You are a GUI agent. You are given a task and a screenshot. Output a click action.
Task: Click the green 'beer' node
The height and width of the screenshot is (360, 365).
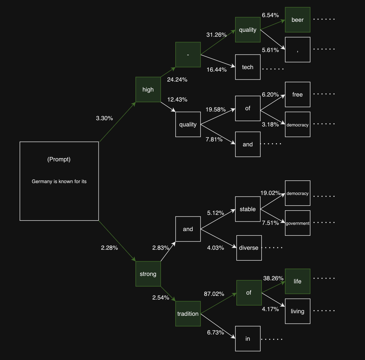pos(297,20)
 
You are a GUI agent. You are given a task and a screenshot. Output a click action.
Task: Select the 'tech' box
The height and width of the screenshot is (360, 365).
pos(248,67)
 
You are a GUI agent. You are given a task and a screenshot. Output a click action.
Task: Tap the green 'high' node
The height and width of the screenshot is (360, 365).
pos(148,90)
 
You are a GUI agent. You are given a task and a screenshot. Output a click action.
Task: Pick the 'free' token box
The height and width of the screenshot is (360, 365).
pos(297,94)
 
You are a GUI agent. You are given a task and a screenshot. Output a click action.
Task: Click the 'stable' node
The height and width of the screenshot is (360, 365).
pos(248,209)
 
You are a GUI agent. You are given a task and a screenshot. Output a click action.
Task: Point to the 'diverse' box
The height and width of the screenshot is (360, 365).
pos(249,248)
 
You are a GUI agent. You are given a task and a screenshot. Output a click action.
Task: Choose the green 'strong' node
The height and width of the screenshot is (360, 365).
pos(148,274)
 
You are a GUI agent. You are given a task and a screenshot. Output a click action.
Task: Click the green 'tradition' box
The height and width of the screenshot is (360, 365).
pos(188,314)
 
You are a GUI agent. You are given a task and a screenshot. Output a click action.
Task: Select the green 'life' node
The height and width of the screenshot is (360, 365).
pos(297,281)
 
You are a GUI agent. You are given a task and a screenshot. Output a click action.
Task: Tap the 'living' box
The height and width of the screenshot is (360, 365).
pos(297,311)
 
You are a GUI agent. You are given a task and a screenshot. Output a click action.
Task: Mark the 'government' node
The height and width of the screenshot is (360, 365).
pos(297,223)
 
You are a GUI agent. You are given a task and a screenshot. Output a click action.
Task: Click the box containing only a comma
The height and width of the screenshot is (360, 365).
pos(297,50)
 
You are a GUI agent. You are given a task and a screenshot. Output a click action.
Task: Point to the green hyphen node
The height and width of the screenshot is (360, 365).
pos(188,55)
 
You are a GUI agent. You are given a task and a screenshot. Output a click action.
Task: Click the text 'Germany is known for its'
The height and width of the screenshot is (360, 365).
pos(59,181)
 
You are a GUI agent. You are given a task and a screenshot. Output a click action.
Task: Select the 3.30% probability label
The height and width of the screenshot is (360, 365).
pos(104,118)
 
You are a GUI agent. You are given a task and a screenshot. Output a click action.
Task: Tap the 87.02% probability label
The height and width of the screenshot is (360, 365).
pos(214,294)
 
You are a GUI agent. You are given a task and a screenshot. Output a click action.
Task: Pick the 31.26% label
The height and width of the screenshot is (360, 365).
pos(216,35)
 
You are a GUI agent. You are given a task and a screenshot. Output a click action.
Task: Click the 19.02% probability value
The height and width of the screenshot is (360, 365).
pos(270,193)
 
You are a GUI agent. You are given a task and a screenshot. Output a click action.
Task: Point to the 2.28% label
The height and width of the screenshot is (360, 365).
pos(109,248)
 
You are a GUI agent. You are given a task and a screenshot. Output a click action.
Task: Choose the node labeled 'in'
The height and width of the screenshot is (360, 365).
pos(248,339)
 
